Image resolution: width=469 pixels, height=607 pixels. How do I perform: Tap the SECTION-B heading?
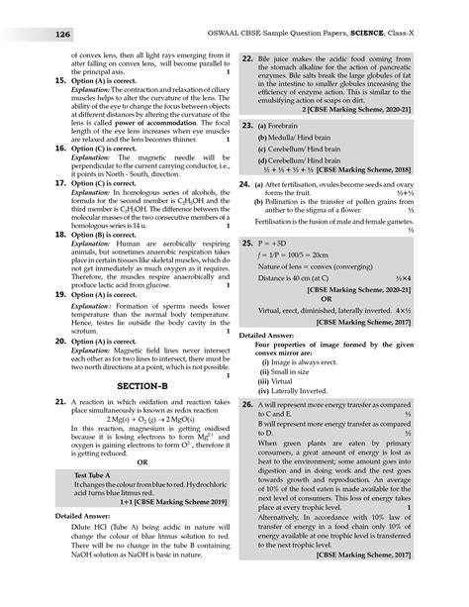tap(131, 383)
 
